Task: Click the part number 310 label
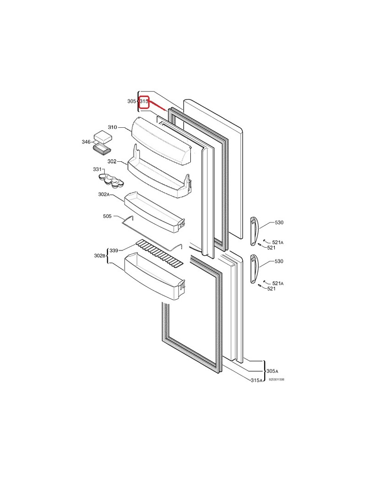(112, 127)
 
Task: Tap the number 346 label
(86, 142)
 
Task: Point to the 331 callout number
(97, 170)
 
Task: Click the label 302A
(104, 194)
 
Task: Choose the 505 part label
(107, 216)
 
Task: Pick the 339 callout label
(114, 250)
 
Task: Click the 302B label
(100, 255)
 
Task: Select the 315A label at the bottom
(257, 380)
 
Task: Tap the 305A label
(272, 371)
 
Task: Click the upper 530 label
(279, 222)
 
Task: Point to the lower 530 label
(279, 262)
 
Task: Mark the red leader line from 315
(157, 107)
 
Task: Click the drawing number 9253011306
(277, 380)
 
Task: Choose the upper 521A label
(278, 243)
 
